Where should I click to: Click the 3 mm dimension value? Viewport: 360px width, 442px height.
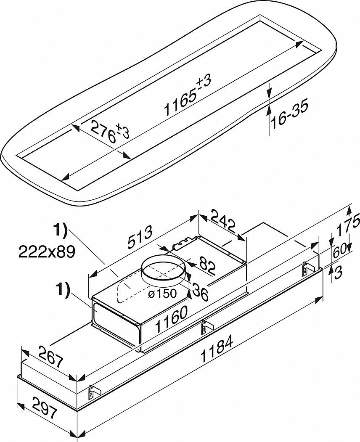[339, 273]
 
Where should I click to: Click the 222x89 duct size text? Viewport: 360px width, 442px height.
[46, 251]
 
